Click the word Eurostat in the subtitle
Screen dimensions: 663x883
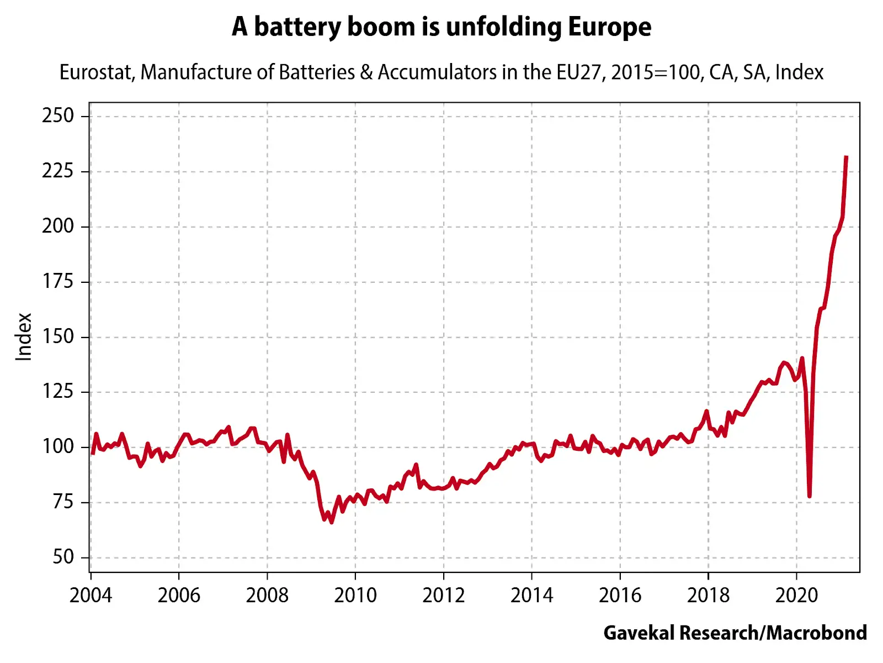pos(97,72)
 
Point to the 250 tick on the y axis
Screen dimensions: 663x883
pos(57,115)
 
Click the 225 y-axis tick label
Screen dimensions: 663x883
pos(57,171)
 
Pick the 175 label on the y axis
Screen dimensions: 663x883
pos(57,281)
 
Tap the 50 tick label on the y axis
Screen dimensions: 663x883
pos(63,557)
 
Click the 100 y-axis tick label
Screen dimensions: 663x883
pos(57,446)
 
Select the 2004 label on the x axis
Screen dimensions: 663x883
pos(91,596)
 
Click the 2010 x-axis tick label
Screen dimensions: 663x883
pos(355,596)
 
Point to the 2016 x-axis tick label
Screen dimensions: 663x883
pos(620,596)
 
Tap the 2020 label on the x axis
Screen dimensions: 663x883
pos(796,596)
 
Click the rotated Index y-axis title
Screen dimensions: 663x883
pos(24,337)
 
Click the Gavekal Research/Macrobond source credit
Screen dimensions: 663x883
pos(735,633)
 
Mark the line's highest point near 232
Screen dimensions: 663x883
pos(846,157)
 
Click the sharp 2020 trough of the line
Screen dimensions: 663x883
pos(809,496)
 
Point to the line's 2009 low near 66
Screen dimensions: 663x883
pos(331,522)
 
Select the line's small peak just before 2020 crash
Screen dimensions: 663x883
pos(802,358)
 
